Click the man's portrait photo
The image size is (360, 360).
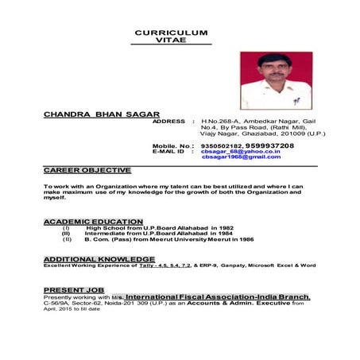274,80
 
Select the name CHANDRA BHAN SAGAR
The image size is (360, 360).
101,114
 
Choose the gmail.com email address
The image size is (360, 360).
242,157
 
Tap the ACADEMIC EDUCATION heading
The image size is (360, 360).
93,222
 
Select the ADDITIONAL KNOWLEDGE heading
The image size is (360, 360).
99,259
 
